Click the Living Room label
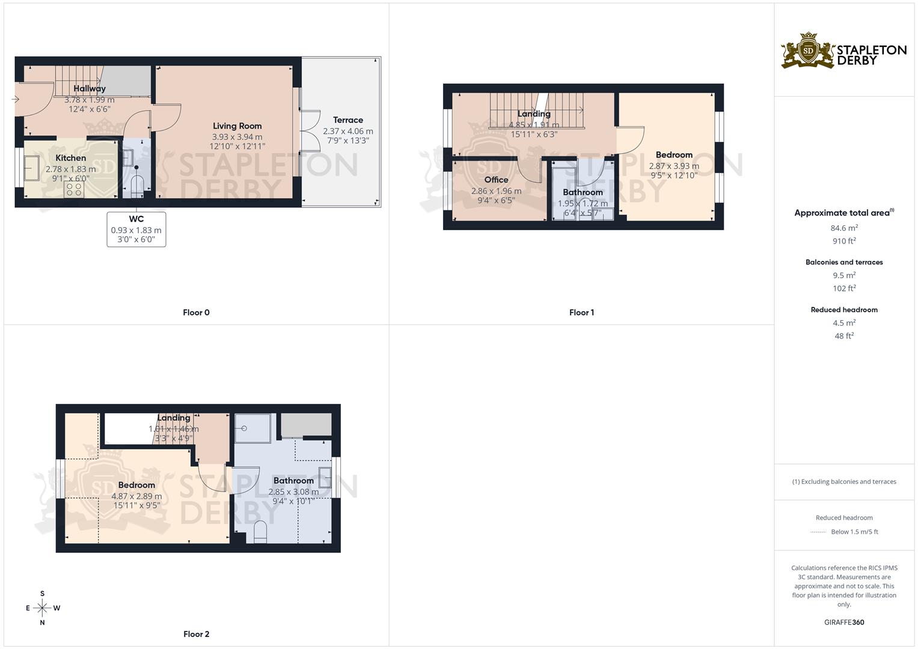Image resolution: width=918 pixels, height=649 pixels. tap(237, 126)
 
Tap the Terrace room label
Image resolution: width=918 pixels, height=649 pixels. tap(347, 120)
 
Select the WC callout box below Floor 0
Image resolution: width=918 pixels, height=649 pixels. tap(136, 229)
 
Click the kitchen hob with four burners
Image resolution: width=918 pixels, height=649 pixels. tap(75, 189)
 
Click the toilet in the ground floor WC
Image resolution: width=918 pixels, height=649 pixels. tap(137, 186)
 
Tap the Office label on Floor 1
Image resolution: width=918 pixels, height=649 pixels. tap(496, 180)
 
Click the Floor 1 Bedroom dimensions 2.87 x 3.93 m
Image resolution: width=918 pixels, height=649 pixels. tap(674, 166)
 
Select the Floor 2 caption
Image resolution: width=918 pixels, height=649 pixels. tap(196, 634)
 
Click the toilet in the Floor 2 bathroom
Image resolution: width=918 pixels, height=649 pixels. tap(260, 532)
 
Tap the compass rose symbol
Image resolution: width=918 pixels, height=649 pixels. tap(42, 608)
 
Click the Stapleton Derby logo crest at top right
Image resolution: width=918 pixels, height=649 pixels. tap(808, 50)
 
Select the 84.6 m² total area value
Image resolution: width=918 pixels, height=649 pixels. tap(844, 228)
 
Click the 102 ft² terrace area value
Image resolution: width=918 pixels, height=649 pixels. tap(844, 288)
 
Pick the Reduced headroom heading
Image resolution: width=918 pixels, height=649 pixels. tap(844, 310)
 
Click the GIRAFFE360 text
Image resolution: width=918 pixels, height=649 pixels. tap(844, 623)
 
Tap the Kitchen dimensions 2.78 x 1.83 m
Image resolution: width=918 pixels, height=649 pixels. tap(70, 169)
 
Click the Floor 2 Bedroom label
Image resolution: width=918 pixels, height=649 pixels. tap(136, 485)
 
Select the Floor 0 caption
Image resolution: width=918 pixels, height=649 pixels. tap(196, 312)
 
